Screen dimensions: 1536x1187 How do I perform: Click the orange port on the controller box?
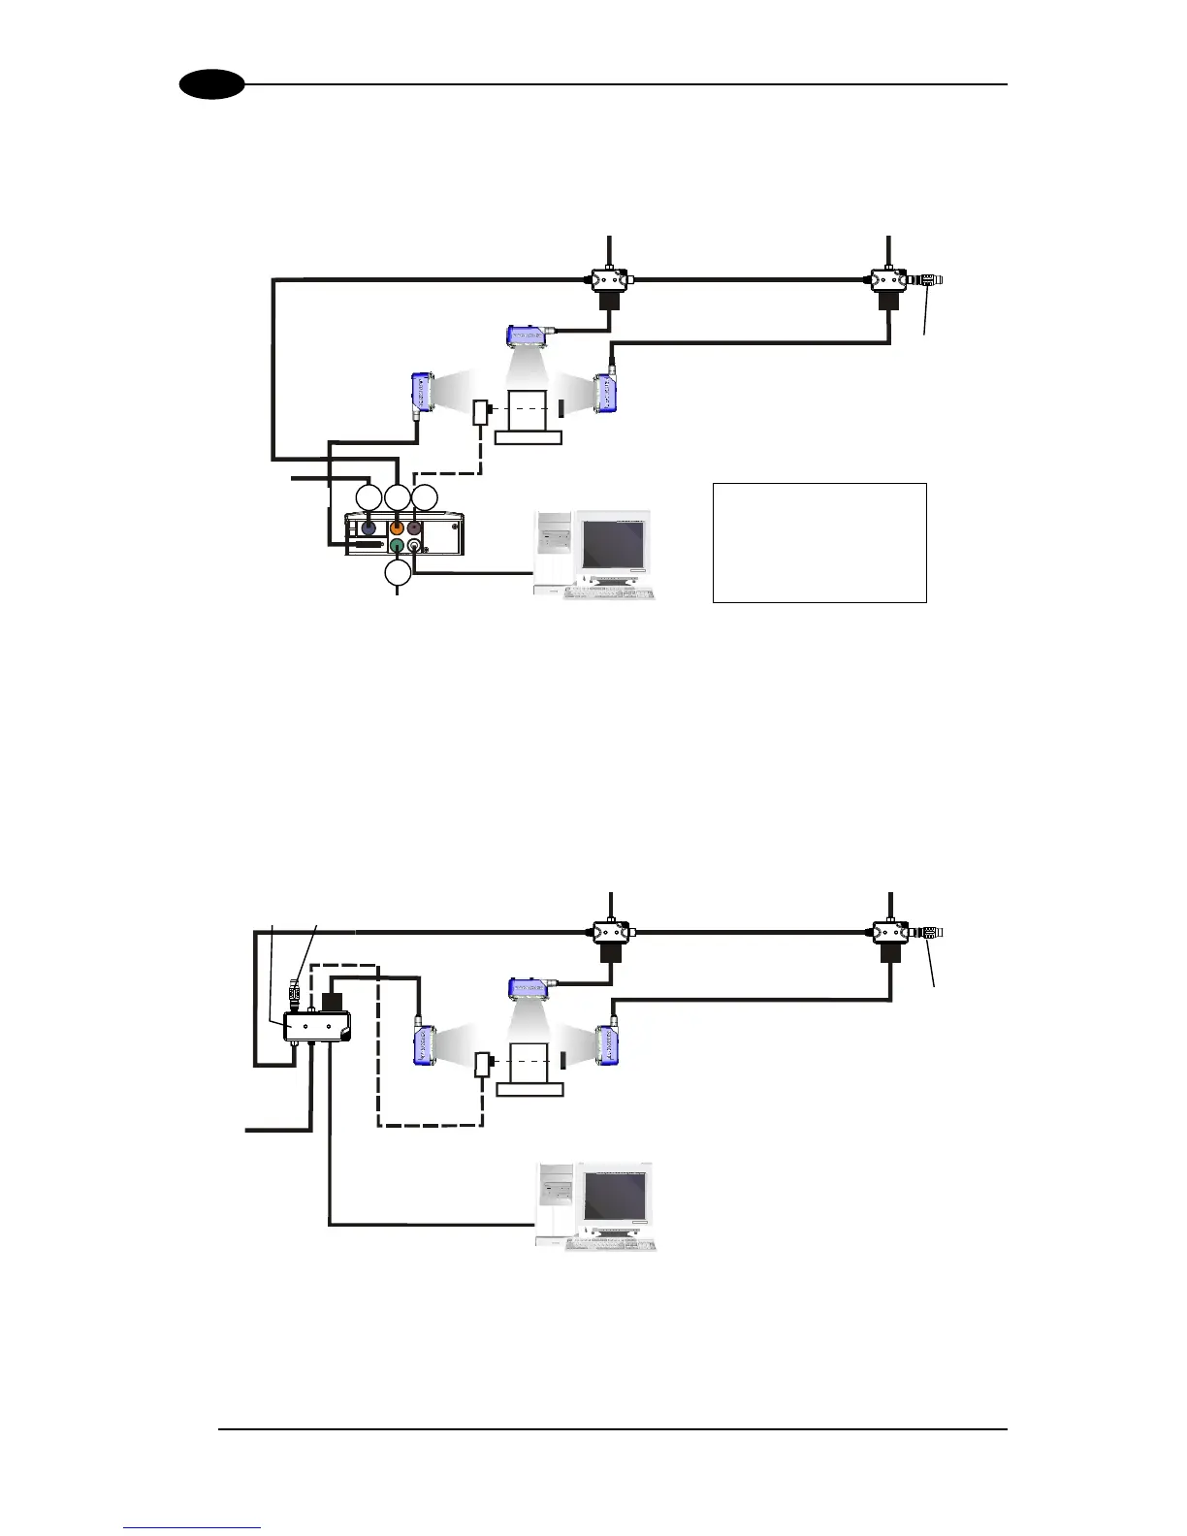pyautogui.click(x=396, y=528)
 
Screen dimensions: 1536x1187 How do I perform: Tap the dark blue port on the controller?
pyautogui.click(x=368, y=528)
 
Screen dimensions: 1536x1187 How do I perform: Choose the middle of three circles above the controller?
pyautogui.click(x=398, y=497)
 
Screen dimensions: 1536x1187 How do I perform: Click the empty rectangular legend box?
pyautogui.click(x=819, y=542)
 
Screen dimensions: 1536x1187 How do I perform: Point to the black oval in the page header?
pyautogui.click(x=211, y=85)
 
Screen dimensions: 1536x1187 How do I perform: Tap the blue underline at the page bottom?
pyautogui.click(x=193, y=1527)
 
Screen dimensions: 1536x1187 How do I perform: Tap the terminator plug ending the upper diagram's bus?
pyautogui.click(x=931, y=280)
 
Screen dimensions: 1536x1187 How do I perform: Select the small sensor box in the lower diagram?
pyautogui.click(x=482, y=1064)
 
